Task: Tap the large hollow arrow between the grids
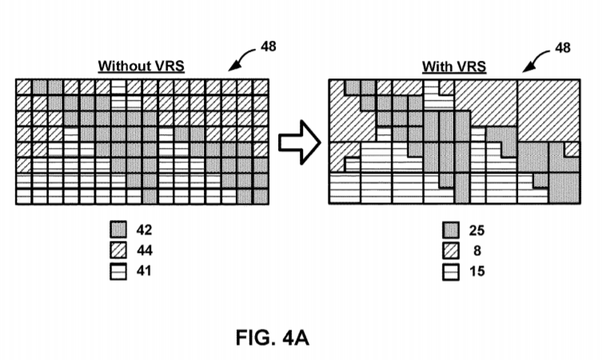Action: (298, 144)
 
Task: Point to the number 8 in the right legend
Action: (475, 251)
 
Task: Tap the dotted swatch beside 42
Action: (118, 230)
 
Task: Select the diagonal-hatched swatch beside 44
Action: (118, 250)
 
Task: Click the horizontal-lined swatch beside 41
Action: (118, 271)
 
